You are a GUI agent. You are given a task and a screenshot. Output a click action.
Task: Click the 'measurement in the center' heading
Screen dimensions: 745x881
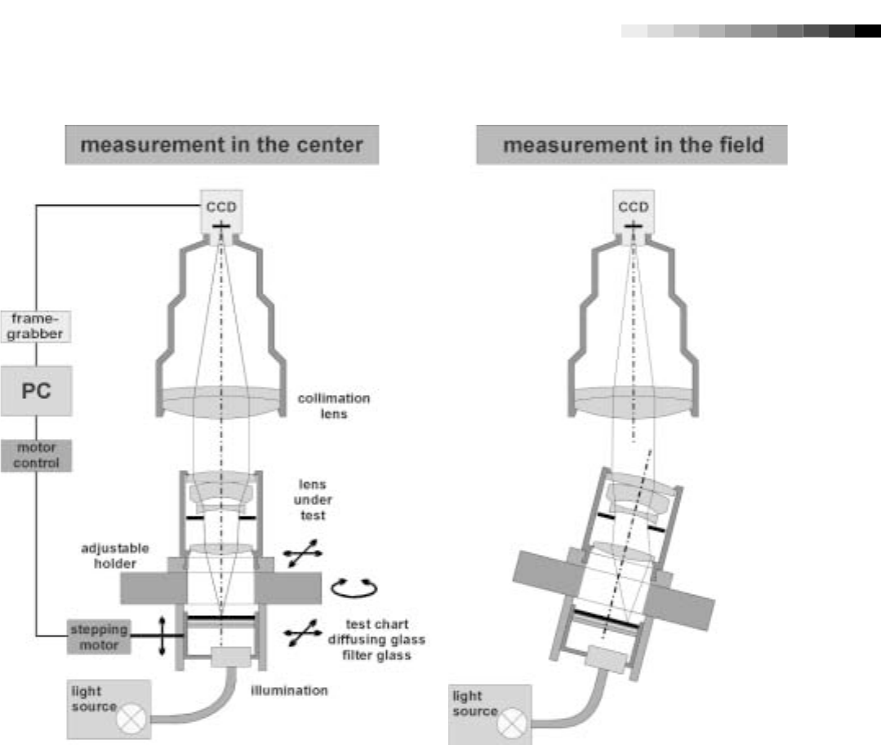pos(221,145)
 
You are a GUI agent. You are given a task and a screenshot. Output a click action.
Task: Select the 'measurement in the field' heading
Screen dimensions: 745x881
pos(632,145)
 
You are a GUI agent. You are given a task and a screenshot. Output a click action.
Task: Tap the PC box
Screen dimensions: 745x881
pos(36,391)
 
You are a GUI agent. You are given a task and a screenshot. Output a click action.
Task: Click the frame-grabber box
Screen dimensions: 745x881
pos(36,326)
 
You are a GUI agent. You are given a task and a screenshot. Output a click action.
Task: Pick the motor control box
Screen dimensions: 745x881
pos(36,455)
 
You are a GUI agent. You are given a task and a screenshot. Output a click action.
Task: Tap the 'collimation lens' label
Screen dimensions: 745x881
pos(333,406)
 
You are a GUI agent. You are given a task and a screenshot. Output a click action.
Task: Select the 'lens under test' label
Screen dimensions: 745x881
pos(312,499)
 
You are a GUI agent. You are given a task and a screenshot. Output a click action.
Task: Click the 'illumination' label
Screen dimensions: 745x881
pos(289,690)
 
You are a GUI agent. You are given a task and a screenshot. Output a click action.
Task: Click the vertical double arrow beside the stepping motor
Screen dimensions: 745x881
pos(162,636)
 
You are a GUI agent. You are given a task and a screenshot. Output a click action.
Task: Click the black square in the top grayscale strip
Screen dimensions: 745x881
pos(867,31)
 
